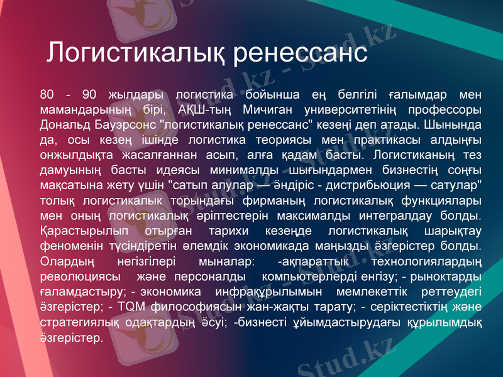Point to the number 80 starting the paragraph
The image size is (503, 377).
[x=47, y=95]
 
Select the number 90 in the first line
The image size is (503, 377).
[x=89, y=95]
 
